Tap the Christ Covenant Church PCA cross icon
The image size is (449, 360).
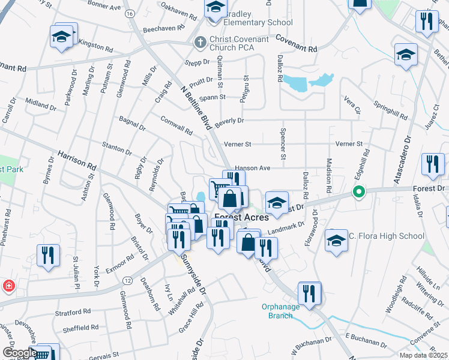click(x=200, y=42)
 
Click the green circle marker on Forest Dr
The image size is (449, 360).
click(x=359, y=193)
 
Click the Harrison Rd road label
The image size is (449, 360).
click(x=77, y=160)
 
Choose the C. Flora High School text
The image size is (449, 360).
click(x=385, y=236)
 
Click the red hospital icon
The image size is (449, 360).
click(x=9, y=286)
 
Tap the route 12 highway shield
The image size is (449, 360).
click(x=127, y=281)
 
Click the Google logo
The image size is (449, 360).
click(x=19, y=353)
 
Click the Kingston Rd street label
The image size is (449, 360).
click(x=94, y=46)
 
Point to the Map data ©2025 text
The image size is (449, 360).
click(x=424, y=355)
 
